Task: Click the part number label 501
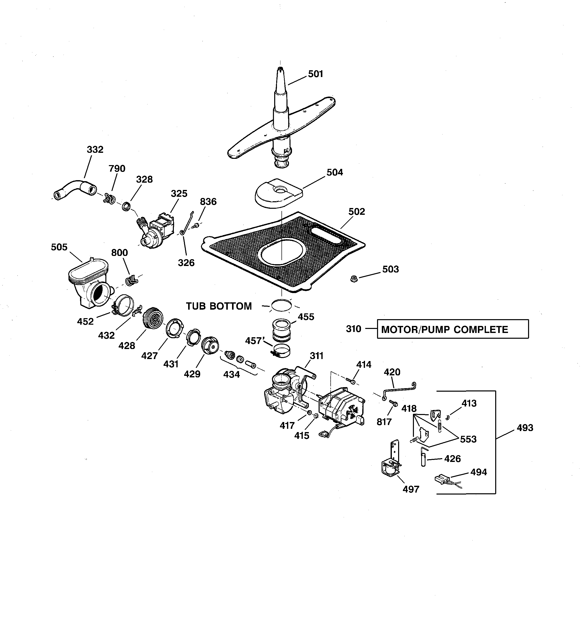[316, 74]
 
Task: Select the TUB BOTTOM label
[219, 306]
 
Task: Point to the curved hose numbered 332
[75, 189]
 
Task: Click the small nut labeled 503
[354, 279]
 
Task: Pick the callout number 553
[468, 439]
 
